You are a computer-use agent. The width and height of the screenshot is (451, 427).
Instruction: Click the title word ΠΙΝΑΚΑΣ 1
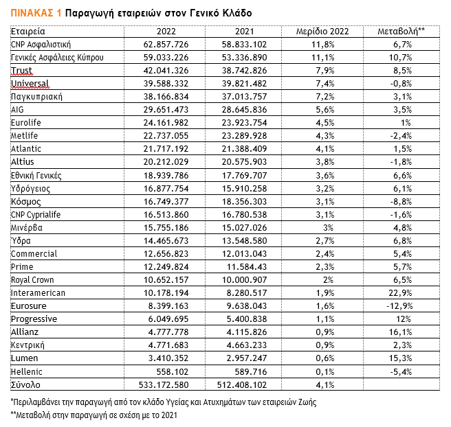coord(35,12)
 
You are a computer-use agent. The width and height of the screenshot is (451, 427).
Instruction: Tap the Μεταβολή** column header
coord(401,32)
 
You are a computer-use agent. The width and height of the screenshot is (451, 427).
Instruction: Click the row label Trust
coord(22,71)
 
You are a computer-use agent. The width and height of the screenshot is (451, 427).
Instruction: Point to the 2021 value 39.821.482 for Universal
coord(244,84)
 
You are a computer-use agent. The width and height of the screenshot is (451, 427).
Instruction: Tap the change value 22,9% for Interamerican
coord(401,293)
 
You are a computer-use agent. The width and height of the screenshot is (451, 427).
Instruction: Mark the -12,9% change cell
coord(401,306)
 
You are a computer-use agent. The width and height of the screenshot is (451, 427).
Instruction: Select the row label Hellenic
coord(27,371)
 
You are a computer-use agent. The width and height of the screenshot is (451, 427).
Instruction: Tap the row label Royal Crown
coord(34,280)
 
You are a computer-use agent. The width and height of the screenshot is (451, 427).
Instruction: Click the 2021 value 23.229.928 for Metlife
coord(244,136)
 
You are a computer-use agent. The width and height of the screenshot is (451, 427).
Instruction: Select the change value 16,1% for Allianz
coord(401,332)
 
